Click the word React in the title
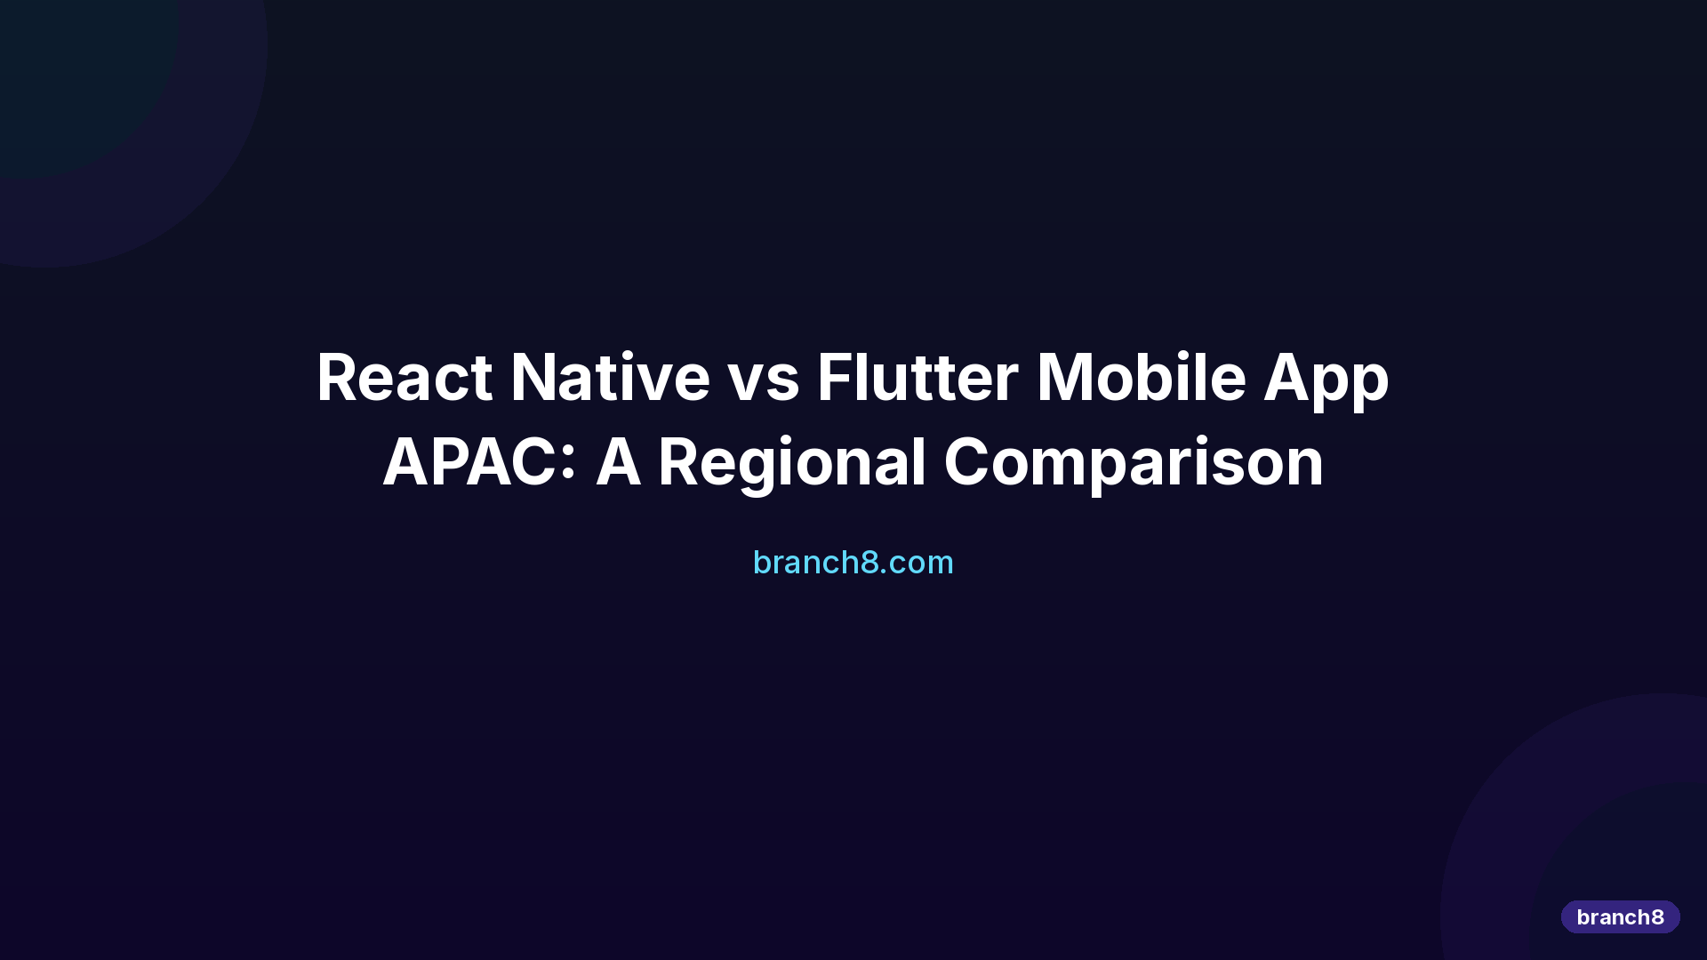click(x=404, y=378)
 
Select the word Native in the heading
click(x=610, y=378)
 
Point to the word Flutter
click(x=917, y=378)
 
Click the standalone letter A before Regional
click(x=618, y=462)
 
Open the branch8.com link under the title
click(x=853, y=562)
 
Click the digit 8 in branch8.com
click(x=870, y=562)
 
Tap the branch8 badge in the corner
click(x=1620, y=916)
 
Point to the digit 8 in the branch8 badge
click(x=1657, y=916)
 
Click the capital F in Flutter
click(x=835, y=378)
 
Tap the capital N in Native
click(x=537, y=378)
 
